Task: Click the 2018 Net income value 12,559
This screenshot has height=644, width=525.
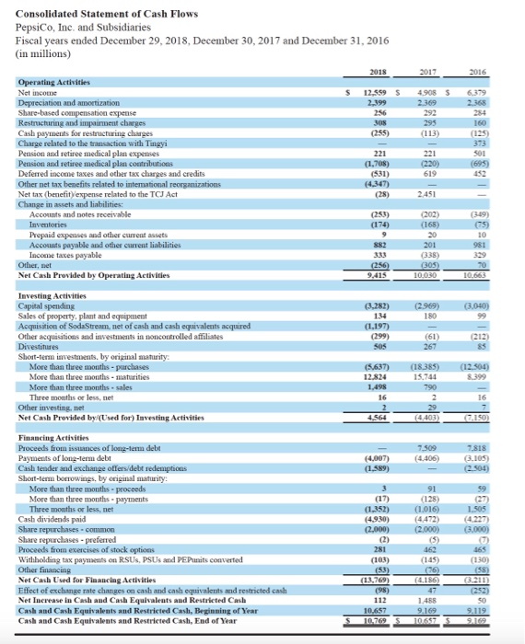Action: pyautogui.click(x=373, y=90)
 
